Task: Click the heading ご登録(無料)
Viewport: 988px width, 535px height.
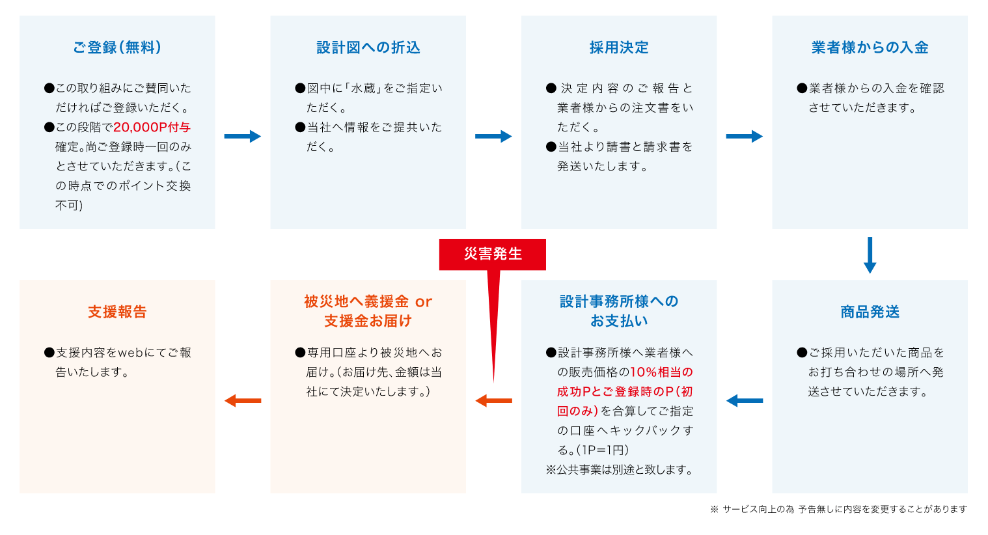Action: click(x=117, y=48)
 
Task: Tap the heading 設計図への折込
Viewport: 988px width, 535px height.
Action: click(x=368, y=48)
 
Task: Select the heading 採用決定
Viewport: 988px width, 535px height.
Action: click(x=619, y=48)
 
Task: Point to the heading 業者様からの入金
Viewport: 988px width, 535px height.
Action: click(x=870, y=48)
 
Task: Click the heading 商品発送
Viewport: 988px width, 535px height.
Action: click(x=870, y=312)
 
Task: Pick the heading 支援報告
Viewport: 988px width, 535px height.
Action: click(x=117, y=312)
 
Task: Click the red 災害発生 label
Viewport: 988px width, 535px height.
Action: click(x=493, y=254)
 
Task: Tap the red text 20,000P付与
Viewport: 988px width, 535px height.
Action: click(x=152, y=128)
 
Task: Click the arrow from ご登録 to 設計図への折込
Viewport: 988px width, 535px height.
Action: click(x=243, y=136)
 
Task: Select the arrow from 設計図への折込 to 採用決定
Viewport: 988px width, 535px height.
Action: click(x=493, y=136)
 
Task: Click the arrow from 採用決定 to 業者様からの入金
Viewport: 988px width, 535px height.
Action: click(x=745, y=136)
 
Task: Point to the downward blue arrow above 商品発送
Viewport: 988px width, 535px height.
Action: click(x=870, y=255)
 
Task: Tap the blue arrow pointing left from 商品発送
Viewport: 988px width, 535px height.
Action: click(x=745, y=400)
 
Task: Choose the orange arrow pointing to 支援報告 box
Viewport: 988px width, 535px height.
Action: click(x=243, y=400)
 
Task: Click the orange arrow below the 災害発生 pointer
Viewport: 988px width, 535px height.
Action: click(x=493, y=400)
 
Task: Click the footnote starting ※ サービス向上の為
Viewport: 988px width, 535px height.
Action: click(x=838, y=510)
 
